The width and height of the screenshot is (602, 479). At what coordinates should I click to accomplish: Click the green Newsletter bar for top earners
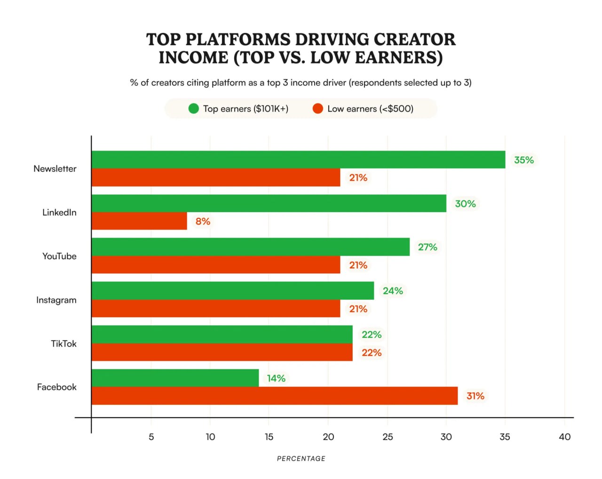(x=298, y=160)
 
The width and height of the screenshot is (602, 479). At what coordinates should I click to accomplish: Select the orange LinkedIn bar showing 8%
(x=139, y=221)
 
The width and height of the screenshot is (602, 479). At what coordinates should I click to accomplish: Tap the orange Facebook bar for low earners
(x=274, y=396)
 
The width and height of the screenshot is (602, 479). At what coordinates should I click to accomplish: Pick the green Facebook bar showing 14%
(x=175, y=378)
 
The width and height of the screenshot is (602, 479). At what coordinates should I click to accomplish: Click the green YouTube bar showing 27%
(x=250, y=247)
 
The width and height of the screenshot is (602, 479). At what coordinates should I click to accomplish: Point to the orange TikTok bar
(x=222, y=352)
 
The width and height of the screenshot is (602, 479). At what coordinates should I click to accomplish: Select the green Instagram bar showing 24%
(x=233, y=291)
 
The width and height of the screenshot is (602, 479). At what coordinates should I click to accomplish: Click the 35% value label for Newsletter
(x=523, y=160)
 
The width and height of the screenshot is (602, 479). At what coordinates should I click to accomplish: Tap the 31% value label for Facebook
(x=475, y=396)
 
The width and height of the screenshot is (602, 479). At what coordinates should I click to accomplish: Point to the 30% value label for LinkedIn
(x=465, y=204)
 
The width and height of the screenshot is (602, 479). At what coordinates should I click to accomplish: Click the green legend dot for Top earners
(x=193, y=109)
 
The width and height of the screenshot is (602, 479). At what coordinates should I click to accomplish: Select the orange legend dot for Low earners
(x=318, y=109)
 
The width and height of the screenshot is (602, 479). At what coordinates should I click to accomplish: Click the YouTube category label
(x=59, y=256)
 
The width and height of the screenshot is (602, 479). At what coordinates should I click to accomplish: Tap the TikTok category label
(x=63, y=343)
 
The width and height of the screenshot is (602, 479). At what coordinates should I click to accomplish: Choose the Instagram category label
(x=56, y=300)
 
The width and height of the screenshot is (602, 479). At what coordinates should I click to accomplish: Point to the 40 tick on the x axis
(x=564, y=437)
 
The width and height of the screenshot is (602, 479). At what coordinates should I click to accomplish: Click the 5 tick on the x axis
(x=151, y=437)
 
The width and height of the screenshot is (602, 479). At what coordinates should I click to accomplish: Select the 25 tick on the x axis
(x=388, y=437)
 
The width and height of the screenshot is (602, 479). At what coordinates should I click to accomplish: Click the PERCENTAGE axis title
(x=301, y=458)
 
